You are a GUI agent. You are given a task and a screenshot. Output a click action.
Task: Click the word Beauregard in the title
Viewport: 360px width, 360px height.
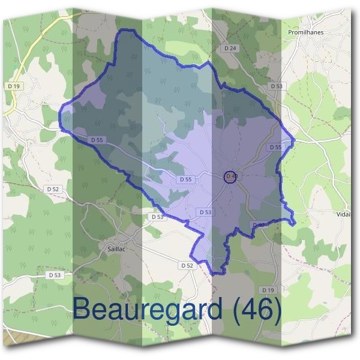(x=149, y=310)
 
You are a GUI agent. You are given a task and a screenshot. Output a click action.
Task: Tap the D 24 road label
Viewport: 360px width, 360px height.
(x=230, y=48)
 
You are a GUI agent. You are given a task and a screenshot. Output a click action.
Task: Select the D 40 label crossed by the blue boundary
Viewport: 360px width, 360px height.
(x=257, y=224)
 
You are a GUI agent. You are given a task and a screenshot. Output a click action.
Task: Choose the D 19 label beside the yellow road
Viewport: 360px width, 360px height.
(x=14, y=86)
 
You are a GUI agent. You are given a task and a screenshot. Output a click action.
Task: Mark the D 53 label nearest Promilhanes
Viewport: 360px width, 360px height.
(x=276, y=86)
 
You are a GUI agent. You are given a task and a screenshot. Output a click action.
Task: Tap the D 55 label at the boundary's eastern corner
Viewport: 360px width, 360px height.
(x=275, y=147)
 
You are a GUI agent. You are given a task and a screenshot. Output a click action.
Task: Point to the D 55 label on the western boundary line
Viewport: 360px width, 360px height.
(x=97, y=140)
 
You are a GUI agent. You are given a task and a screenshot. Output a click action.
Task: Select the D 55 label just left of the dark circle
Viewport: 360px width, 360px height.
(x=185, y=179)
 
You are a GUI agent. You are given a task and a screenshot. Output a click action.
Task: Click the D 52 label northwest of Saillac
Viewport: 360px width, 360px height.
(x=53, y=188)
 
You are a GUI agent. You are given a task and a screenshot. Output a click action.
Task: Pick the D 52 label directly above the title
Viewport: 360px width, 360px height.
(x=187, y=265)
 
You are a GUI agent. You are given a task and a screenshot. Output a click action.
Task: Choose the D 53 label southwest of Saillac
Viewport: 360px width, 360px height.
(x=54, y=275)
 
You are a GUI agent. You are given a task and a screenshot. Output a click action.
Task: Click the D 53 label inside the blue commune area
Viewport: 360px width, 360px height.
(x=205, y=212)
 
